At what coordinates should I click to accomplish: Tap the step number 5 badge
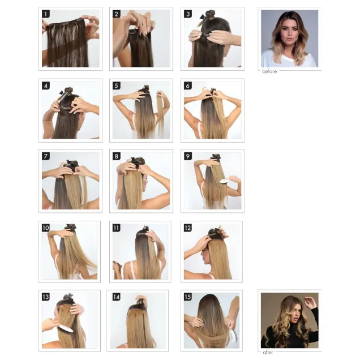(117, 86)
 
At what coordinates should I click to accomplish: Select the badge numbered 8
(117, 156)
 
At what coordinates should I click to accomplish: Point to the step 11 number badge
(117, 228)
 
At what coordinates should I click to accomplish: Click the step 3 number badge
(188, 14)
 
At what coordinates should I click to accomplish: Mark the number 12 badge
(188, 228)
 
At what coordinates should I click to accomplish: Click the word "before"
(270, 72)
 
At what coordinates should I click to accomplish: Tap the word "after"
(268, 352)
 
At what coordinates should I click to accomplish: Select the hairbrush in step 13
(65, 328)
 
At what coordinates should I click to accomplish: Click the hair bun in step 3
(209, 14)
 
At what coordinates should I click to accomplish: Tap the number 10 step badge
(46, 228)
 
